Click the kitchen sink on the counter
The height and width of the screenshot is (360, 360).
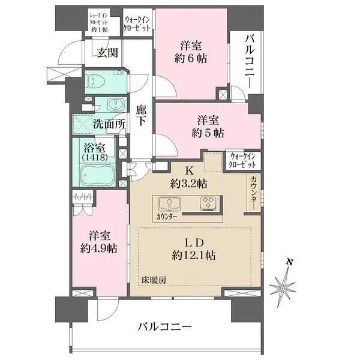click(x=170, y=203)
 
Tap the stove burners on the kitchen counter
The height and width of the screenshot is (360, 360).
click(x=209, y=203)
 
